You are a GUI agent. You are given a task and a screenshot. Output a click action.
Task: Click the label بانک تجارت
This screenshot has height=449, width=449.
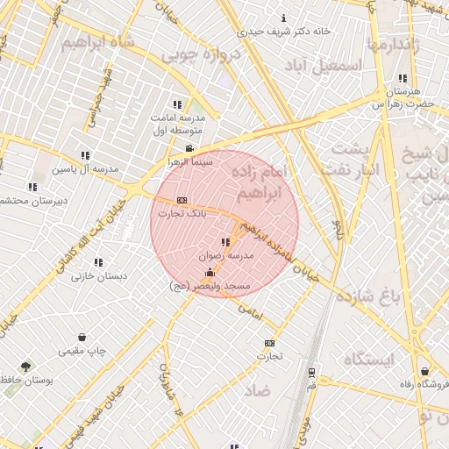pos(182,213)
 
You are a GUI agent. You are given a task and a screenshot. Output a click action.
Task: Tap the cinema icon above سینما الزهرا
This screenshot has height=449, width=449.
pos(190,148)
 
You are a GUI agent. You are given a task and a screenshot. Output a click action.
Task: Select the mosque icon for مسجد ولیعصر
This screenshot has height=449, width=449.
pos(209,273)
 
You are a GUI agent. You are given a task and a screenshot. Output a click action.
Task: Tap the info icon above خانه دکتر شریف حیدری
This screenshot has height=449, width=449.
pos(282,18)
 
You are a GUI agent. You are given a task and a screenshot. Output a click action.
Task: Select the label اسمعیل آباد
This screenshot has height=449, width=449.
pos(330,66)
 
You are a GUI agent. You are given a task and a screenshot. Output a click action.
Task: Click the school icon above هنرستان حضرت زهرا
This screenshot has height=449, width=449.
pos(402,78)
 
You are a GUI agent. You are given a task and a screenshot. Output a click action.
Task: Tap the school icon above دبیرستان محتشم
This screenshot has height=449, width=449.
pos(32,187)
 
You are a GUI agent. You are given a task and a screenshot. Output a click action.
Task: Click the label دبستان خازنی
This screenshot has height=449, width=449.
pos(98,275)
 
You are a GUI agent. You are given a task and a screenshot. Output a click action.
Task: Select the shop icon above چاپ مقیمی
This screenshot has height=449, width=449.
pos(82,338)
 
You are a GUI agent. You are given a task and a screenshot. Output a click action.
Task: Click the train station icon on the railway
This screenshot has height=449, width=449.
pos(312,371)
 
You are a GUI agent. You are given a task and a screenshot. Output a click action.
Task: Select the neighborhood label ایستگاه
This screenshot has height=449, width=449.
pos(369,360)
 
